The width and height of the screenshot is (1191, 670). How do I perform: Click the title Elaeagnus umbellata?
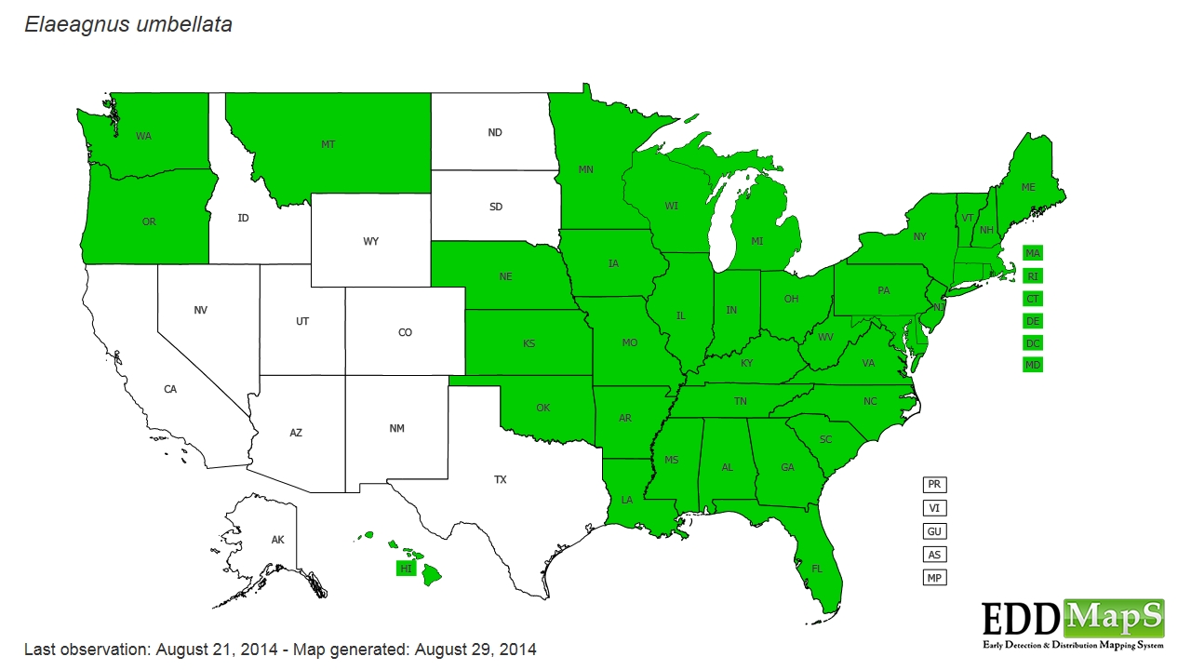[128, 25]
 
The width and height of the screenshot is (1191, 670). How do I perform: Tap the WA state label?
[143, 136]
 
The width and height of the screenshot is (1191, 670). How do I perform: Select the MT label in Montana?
[328, 144]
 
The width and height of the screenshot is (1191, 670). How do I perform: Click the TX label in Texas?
[501, 480]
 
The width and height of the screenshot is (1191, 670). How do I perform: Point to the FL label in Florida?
[817, 568]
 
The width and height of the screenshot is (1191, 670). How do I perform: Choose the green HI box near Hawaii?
[406, 569]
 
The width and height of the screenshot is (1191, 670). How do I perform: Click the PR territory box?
[934, 485]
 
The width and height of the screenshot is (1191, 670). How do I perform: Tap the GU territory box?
[934, 531]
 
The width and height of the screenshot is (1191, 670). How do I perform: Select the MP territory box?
[934, 578]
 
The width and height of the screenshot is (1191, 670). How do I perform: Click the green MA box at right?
[1033, 253]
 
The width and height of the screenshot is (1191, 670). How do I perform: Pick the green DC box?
[1033, 342]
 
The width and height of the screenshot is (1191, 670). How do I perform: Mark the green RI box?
[1033, 275]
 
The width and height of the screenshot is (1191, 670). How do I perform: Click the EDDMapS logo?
[1073, 623]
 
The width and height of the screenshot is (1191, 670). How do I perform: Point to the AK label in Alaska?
[277, 540]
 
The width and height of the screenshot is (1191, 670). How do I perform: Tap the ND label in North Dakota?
[495, 133]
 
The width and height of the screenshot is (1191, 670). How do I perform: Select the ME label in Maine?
[1028, 187]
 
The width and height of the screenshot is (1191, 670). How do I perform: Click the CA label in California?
[170, 389]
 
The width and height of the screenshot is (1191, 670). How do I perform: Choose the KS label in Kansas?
[529, 343]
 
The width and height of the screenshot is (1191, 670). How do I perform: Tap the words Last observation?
[85, 649]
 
